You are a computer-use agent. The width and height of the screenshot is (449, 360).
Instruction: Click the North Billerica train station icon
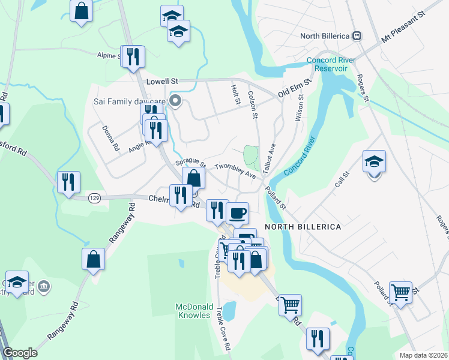pyautogui.click(x=357, y=36)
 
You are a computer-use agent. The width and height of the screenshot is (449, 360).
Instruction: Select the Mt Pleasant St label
pyautogui.click(x=403, y=27)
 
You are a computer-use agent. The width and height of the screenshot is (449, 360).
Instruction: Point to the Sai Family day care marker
pyautogui.click(x=175, y=101)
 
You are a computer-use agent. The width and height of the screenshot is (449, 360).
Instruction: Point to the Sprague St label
pyautogui.click(x=190, y=163)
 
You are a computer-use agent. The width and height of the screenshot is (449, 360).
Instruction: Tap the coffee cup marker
pyautogui.click(x=237, y=213)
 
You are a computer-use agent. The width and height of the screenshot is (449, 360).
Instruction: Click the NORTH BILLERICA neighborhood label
pyautogui.click(x=303, y=227)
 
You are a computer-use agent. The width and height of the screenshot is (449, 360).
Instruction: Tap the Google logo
pyautogui.click(x=20, y=353)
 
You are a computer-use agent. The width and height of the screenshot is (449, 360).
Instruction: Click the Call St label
pyautogui.click(x=342, y=178)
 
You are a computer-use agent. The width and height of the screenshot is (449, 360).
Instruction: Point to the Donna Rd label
pyautogui.click(x=110, y=138)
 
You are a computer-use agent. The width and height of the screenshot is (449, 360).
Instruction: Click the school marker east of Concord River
pyautogui.click(x=374, y=162)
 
